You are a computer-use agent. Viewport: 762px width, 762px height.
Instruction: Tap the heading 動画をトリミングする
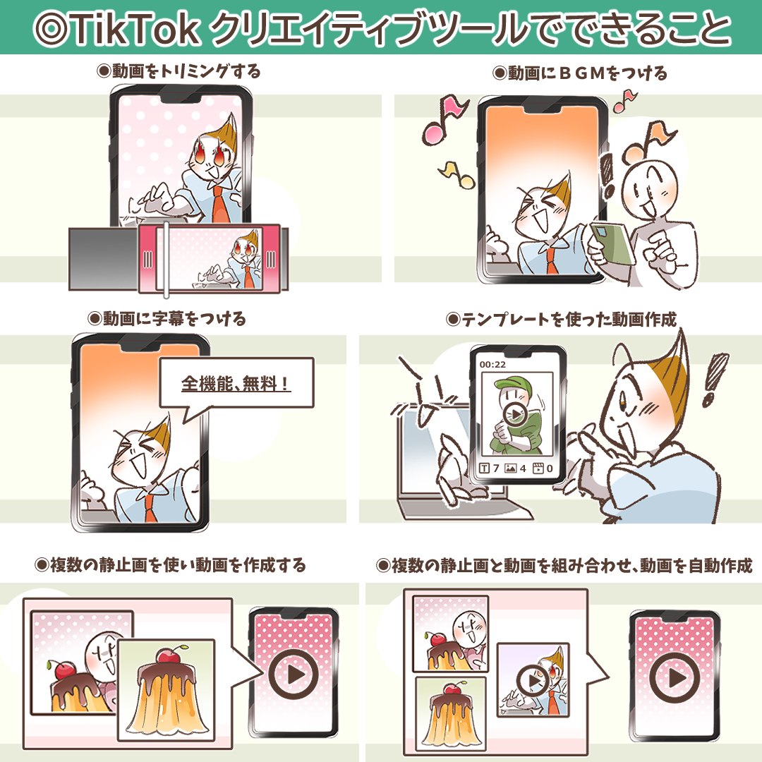(179, 71)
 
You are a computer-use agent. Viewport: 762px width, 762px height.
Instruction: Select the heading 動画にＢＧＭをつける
(580, 73)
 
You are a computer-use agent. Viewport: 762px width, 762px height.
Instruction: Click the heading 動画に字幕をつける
(167, 319)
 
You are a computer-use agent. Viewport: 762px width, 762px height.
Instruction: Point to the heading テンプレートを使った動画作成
(562, 320)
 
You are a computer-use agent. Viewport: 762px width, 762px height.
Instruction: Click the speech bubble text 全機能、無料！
(236, 383)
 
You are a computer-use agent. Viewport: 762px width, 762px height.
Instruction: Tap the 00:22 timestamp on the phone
(492, 365)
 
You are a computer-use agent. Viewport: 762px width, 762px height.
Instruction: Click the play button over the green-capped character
(515, 415)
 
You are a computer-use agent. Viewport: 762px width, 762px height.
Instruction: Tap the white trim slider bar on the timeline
(167, 260)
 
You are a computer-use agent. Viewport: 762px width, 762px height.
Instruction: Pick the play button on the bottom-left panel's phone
(293, 674)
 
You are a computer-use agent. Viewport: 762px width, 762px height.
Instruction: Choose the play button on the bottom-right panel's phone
(675, 677)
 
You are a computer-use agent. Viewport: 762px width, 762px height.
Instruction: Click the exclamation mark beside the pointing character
(714, 380)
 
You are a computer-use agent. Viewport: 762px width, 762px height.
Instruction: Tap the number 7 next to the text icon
(496, 468)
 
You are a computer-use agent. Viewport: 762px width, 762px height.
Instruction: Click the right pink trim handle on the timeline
(271, 259)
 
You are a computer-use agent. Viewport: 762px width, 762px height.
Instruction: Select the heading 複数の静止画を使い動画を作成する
(171, 565)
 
